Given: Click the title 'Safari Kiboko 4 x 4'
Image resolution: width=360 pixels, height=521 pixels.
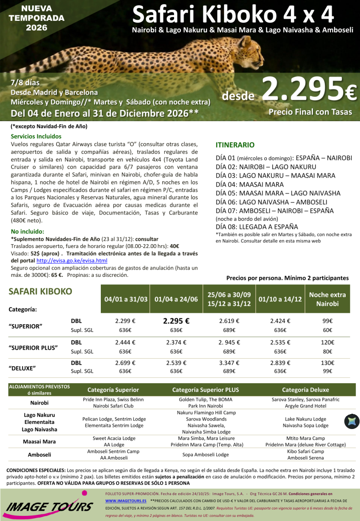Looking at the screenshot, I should coord(233,15).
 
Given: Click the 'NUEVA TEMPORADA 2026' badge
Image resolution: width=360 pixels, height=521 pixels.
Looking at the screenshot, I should coord(36,18).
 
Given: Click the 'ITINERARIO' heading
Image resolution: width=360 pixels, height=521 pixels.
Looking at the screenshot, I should coord(235,145).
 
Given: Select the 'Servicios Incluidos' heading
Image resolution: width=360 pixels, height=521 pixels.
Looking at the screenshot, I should coord(36,137).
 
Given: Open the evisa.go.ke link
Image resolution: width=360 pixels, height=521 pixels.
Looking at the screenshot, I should coord(72,261).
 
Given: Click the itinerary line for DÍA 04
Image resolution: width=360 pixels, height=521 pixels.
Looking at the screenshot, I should coord(244,184).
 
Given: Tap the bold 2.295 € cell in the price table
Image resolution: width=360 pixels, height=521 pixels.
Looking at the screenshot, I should coord(176,321).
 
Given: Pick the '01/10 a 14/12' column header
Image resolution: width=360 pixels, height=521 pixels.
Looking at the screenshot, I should coord(280,299).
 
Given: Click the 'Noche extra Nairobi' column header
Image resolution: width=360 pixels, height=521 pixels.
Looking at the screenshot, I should coord(327,299).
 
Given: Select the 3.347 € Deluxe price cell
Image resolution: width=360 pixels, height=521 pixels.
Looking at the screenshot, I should coord(229,363).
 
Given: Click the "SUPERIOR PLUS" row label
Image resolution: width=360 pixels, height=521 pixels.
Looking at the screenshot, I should coord(33,348).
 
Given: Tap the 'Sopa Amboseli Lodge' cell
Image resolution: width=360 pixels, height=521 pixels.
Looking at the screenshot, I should coord(205,454).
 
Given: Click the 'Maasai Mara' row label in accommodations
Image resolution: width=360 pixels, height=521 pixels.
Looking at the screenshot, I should coord(39,441).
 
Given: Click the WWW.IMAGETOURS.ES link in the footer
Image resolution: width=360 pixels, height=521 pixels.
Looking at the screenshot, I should coord(123,501).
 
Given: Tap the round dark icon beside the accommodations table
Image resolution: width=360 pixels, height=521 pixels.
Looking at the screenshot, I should coord(352,421).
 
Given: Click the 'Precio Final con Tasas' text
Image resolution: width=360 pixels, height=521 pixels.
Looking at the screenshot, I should coord(310,112).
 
